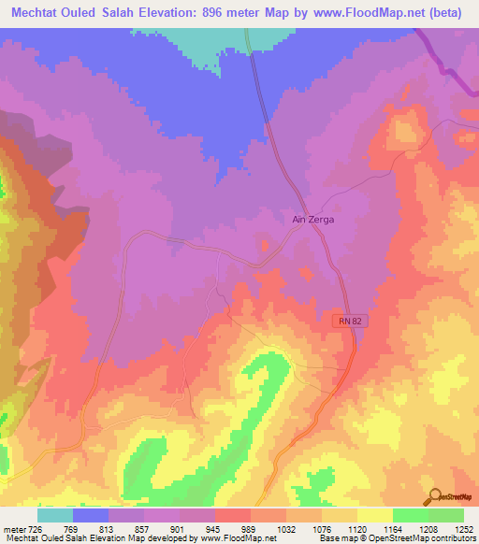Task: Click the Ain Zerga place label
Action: pyautogui.click(x=313, y=219)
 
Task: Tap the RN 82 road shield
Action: pyautogui.click(x=347, y=321)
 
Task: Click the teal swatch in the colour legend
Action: pyautogui.click(x=55, y=515)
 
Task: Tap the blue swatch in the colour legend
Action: pyautogui.click(x=91, y=515)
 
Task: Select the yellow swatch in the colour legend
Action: pyautogui.click(x=374, y=515)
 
